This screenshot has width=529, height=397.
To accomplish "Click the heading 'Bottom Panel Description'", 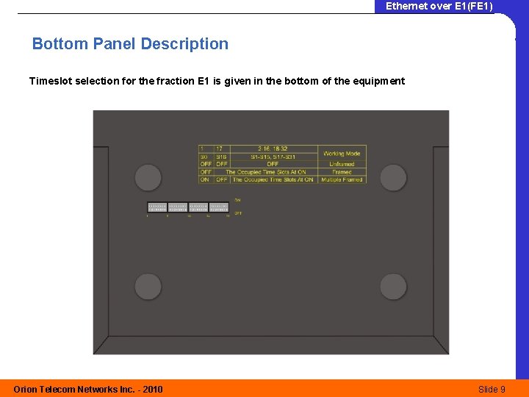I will coord(130,44).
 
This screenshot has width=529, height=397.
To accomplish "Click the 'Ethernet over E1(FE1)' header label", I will coord(439,7).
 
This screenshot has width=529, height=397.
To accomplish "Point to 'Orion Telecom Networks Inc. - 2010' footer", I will coord(88,389).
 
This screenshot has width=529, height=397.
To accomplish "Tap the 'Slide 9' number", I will coord(492,389).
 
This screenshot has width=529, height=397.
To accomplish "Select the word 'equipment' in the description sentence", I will coord(379,81).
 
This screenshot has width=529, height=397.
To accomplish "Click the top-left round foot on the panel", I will coord(148,178).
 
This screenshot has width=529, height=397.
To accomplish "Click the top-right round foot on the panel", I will coord(393,178).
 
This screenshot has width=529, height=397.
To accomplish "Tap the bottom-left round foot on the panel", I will coord(148,286).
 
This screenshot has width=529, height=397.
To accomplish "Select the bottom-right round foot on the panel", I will coord(393,286).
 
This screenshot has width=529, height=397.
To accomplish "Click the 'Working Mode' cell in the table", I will coord(342,154).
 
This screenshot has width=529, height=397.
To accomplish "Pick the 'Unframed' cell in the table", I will coord(342,164).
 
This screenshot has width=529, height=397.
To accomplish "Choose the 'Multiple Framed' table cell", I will coord(342,179).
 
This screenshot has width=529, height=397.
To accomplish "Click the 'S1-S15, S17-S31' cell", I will coord(273,157).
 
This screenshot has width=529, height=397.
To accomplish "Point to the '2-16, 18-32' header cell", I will coord(273,149).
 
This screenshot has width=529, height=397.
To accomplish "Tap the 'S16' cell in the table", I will coord(220,157).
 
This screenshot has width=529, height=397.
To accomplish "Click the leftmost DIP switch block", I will coord(157,207).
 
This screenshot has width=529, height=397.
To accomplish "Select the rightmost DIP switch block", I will coord(219,207).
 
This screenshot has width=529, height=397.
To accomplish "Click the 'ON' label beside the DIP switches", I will coord(237,200).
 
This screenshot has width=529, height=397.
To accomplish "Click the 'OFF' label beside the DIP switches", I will coord(238,213).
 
